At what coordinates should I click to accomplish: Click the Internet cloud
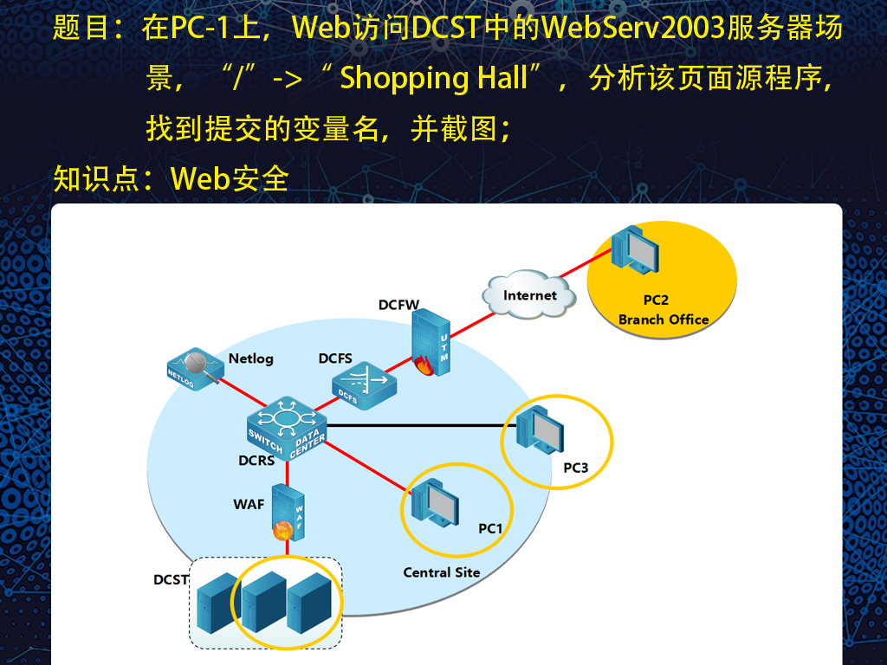point(529,294)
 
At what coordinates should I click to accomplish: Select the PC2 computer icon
point(635,250)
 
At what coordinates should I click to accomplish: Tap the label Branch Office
point(664,320)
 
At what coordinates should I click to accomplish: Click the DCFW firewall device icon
point(431,342)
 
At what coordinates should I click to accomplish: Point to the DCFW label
point(398,305)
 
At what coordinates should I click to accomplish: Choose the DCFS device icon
point(364,385)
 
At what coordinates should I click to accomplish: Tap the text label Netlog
point(250,358)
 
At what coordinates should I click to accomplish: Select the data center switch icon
point(287,428)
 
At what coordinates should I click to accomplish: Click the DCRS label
point(256,461)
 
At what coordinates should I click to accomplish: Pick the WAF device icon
point(288,513)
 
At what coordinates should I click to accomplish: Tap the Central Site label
point(441,572)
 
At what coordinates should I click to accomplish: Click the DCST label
point(171,579)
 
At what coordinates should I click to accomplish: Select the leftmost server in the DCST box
point(217,603)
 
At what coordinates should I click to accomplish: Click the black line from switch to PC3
point(422,425)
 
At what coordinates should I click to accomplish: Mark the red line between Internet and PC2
point(586,263)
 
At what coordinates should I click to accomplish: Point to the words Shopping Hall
point(433,78)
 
